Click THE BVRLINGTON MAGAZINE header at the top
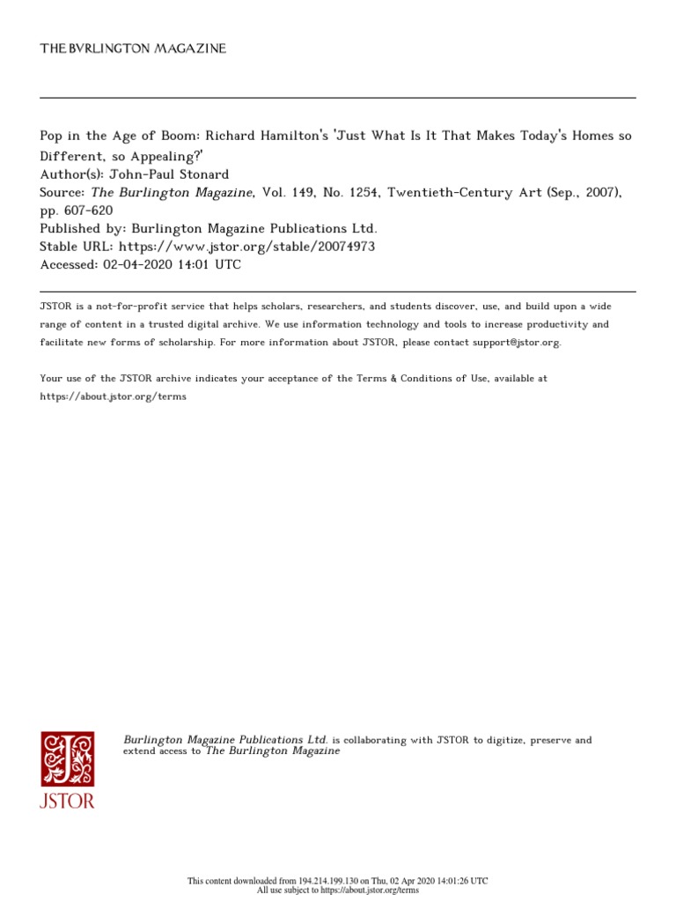tap(133, 48)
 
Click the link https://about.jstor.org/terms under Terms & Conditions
tap(114, 396)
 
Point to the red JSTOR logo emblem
tap(67, 758)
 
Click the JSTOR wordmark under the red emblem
tap(67, 801)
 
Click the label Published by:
tap(82, 229)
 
